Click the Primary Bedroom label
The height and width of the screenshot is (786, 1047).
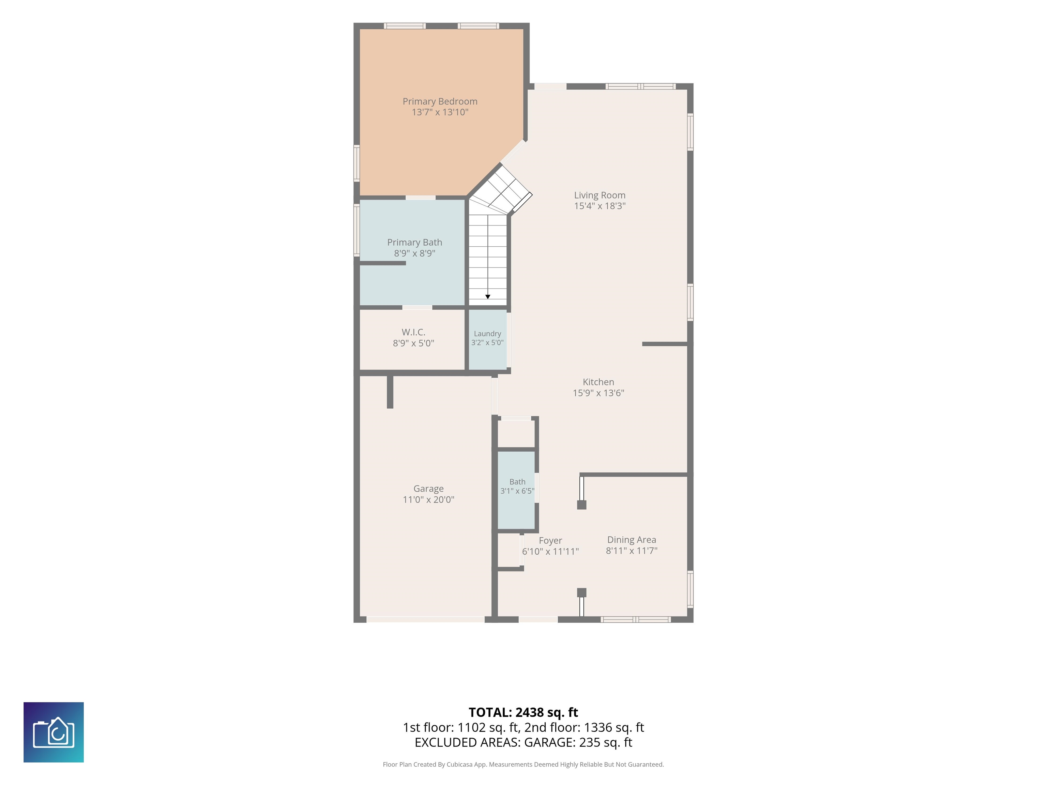pos(440,101)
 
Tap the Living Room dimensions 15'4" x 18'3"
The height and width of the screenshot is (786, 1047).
pos(600,206)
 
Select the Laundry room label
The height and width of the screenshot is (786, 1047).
pos(487,334)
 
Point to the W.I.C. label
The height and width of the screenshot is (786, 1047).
pos(413,332)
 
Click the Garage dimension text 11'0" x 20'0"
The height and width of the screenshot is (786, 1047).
pos(428,499)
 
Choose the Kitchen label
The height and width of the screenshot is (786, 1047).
pos(598,382)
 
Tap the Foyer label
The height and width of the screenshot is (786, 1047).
pos(550,541)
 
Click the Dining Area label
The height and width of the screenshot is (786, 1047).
pos(632,540)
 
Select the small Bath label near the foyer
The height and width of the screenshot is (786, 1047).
pos(517,482)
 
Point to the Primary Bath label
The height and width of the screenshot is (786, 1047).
pos(415,243)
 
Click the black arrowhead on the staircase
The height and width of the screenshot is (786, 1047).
pos(487,296)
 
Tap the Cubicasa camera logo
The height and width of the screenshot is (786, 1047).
pos(54,732)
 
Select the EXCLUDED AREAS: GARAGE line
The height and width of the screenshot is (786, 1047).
pos(523,742)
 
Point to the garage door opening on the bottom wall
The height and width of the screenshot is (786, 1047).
pos(426,619)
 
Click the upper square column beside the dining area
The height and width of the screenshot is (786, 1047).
pos(582,505)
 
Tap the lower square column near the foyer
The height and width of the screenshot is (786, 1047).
pos(582,593)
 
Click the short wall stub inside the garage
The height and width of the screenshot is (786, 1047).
pos(390,392)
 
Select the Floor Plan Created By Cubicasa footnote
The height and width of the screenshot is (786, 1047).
pos(523,764)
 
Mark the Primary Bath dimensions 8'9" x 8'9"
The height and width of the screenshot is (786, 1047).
pos(415,253)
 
